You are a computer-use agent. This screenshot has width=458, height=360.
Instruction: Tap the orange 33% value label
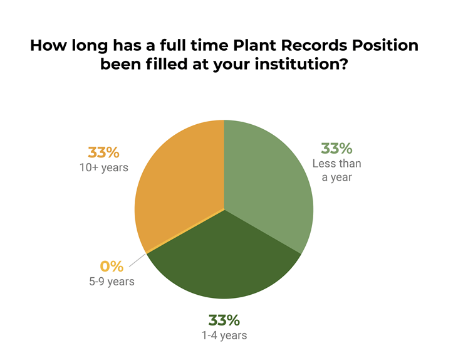pyautogui.click(x=103, y=152)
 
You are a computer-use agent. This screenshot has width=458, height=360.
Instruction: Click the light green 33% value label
pyautogui.click(x=336, y=149)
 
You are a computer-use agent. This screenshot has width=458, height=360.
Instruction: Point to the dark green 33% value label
pyautogui.click(x=224, y=320)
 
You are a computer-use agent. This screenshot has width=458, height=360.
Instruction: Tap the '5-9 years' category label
pyautogui.click(x=112, y=281)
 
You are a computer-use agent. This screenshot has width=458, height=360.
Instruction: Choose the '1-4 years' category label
pyautogui.click(x=224, y=335)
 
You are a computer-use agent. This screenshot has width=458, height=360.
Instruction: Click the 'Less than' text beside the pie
pyautogui.click(x=337, y=164)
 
